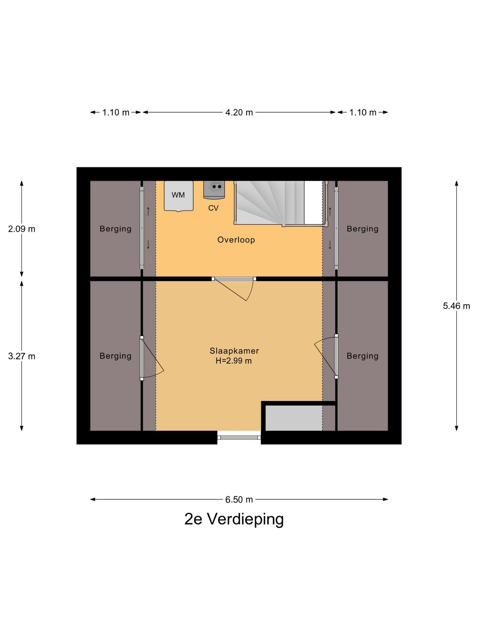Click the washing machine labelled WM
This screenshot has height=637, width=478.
tap(178, 196)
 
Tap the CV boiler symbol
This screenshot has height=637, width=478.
tap(214, 190)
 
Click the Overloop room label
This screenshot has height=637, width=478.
tap(236, 240)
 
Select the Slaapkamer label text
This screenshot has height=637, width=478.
tap(234, 351)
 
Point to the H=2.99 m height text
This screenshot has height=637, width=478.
tap(234, 361)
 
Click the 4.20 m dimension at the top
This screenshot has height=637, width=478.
tap(239, 112)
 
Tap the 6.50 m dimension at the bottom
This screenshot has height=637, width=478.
tap(239, 499)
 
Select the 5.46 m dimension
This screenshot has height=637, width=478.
tap(456, 306)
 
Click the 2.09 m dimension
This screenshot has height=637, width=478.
tap(22, 229)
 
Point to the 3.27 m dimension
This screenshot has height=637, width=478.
tap(22, 356)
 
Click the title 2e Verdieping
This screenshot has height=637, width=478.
tap(234, 519)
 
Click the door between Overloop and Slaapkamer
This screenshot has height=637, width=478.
tap(234, 279)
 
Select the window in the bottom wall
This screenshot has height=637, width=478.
tap(239, 437)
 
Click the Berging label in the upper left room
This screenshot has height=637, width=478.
tap(116, 229)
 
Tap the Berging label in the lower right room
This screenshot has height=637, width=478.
tap(362, 356)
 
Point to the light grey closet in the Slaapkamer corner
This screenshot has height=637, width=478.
tap(294, 418)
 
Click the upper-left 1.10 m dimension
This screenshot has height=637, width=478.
tap(116, 112)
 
